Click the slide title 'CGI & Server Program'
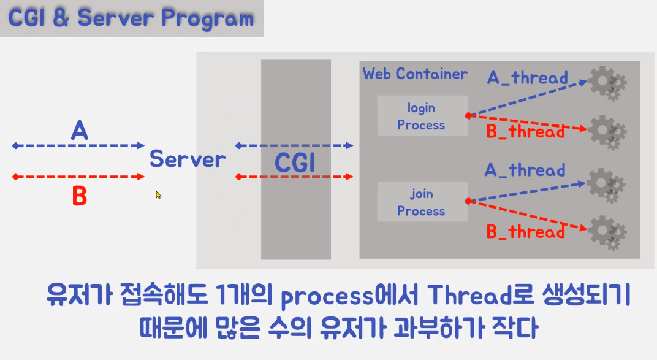click(131, 18)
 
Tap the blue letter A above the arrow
click(79, 131)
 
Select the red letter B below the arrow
click(79, 197)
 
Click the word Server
click(188, 160)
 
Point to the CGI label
click(295, 163)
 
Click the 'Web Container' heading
click(415, 74)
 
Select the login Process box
click(421, 117)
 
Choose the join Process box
click(421, 202)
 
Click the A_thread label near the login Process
click(527, 78)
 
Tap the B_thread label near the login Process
click(525, 131)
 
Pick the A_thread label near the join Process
click(525, 170)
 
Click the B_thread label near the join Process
click(525, 232)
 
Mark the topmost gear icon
click(606, 83)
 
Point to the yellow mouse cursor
click(158, 195)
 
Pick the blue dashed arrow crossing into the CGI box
click(294, 146)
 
